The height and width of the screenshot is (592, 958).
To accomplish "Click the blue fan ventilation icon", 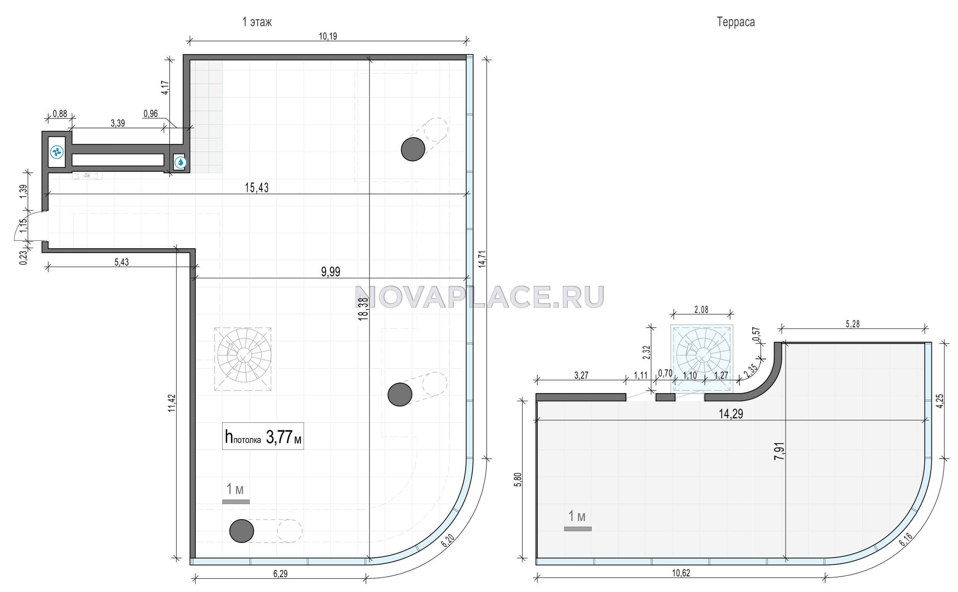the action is tap(57, 152).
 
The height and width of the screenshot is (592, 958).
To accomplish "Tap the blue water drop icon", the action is tap(180, 162).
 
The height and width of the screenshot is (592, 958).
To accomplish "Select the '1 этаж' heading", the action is tap(257, 22).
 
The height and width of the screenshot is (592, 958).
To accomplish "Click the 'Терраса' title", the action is tap(736, 22).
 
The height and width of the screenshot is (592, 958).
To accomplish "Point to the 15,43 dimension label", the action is tap(257, 188).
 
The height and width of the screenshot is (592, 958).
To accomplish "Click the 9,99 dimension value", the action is tap(331, 272).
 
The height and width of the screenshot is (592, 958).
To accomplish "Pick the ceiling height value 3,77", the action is tap(279, 437).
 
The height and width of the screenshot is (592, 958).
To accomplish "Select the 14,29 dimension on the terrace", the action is tap(731, 414).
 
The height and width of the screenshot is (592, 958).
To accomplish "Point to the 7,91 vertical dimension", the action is tap(779, 451).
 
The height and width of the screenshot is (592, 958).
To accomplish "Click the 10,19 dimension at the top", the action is tap(328, 36).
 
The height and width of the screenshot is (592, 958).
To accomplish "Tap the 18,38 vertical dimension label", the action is tap(364, 309).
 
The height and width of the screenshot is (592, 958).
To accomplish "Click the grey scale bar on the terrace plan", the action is tap(578, 528).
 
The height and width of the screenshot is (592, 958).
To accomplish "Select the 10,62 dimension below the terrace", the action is tap(681, 573).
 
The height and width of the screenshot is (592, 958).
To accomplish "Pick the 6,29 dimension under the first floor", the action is tap(281, 574).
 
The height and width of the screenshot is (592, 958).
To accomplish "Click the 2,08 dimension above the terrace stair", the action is tap(701, 310).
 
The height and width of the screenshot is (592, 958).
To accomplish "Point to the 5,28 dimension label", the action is tap(853, 324).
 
